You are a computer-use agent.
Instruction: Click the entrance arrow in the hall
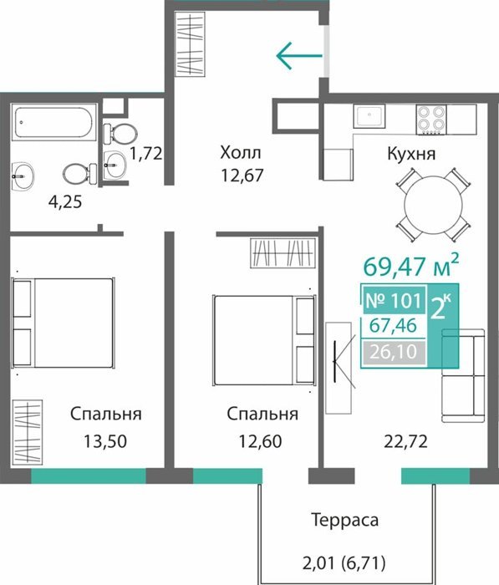click(299, 56)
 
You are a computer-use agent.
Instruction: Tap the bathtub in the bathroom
click(54, 122)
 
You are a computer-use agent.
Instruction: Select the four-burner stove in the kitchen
click(431, 120)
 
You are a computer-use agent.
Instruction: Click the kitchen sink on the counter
click(369, 116)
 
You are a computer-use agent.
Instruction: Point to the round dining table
click(433, 205)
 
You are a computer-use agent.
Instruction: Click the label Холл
click(241, 153)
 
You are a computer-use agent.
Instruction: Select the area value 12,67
click(242, 175)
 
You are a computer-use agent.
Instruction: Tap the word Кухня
click(411, 153)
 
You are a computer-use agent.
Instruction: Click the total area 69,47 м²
click(410, 266)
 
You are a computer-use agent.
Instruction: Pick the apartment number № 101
click(394, 300)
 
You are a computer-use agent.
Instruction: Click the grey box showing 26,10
click(394, 352)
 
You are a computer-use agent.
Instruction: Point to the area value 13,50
click(105, 441)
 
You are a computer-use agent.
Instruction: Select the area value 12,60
click(260, 441)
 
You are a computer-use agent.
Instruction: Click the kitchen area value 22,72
click(405, 442)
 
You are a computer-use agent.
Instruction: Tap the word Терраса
click(345, 520)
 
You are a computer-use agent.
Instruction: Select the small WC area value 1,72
click(146, 153)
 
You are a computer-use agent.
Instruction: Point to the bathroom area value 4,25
click(65, 202)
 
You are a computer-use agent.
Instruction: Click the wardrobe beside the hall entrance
click(190, 44)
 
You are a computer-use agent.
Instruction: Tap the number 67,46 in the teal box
click(393, 326)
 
